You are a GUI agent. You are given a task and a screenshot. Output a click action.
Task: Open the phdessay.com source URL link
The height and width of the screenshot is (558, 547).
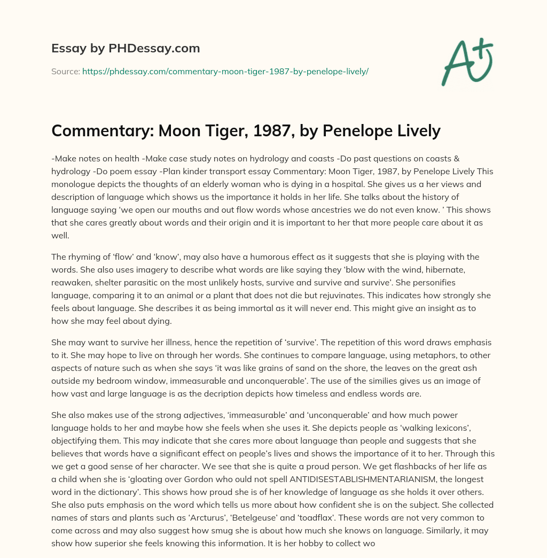[x=225, y=71]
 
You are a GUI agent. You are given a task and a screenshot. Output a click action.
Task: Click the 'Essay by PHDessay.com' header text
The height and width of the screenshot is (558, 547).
[x=126, y=48]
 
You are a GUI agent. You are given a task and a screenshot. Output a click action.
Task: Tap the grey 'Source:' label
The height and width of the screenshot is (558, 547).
[x=65, y=71]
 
